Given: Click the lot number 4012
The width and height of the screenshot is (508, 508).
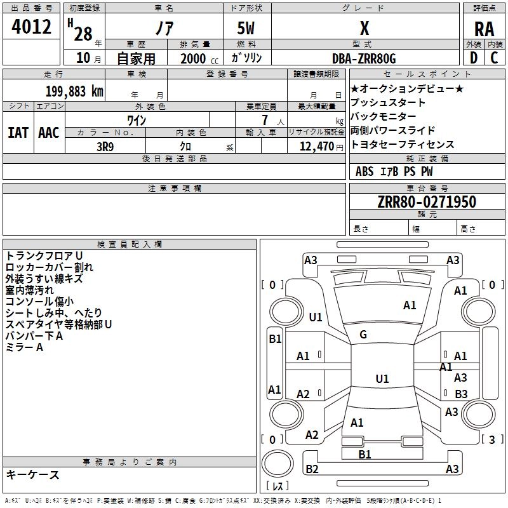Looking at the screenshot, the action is (x=31, y=27).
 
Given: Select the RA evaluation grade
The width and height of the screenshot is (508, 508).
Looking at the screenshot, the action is (x=484, y=29).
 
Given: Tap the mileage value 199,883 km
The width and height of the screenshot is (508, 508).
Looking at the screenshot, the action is (x=74, y=91).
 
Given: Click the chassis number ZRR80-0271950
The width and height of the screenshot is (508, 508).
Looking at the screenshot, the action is (x=427, y=201).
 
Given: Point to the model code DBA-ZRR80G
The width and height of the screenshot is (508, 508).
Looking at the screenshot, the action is (x=364, y=58).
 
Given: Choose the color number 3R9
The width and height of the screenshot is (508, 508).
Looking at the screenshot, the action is (x=105, y=147).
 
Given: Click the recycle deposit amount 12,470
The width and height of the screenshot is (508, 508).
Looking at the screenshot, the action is (x=316, y=147).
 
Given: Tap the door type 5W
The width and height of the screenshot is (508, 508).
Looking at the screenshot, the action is (x=246, y=28).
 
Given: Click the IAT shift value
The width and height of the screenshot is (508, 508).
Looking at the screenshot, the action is (x=18, y=133).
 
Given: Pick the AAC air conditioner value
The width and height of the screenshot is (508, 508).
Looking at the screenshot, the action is (x=49, y=133).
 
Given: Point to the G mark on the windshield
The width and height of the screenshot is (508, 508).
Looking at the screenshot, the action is (x=363, y=335).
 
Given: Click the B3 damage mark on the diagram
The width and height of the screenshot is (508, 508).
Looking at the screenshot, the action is (x=461, y=394).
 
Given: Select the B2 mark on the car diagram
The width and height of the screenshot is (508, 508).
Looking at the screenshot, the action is (x=312, y=469).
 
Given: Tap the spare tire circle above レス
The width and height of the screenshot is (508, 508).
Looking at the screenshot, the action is (x=277, y=464).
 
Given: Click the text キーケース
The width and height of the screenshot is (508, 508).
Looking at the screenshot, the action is (x=32, y=474).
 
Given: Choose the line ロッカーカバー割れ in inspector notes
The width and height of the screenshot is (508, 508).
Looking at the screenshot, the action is (x=50, y=267).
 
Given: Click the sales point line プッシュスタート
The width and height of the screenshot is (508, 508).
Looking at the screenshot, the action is (x=387, y=102).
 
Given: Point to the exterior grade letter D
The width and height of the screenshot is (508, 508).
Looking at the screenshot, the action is (x=474, y=58).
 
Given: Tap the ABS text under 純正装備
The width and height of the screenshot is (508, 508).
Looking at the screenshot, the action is (x=364, y=171).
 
